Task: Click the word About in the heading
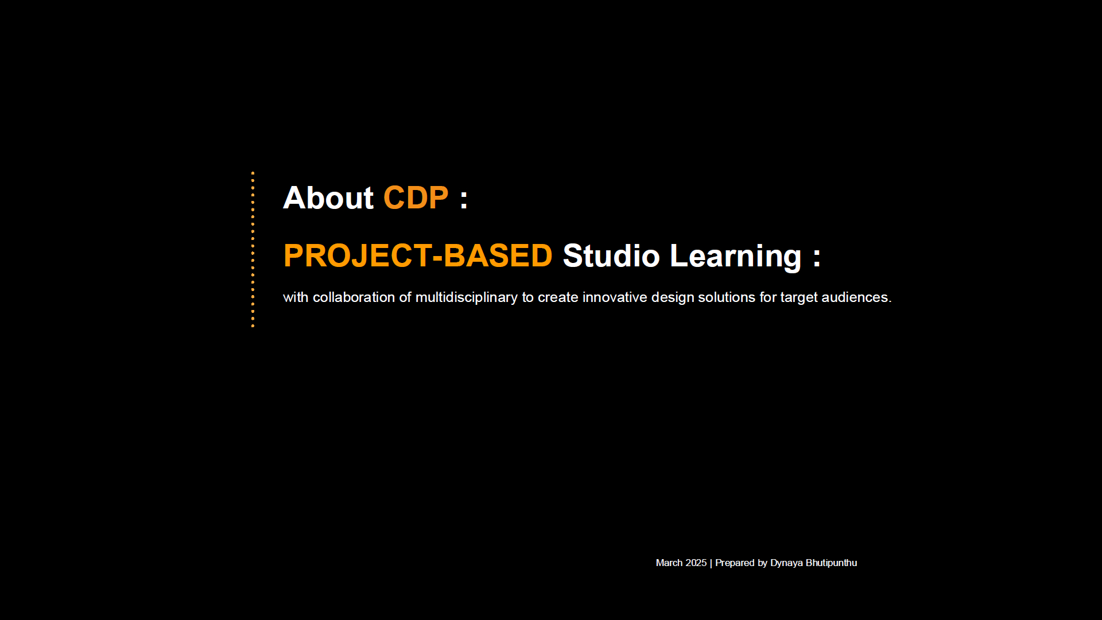[328, 198]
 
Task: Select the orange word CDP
[416, 198]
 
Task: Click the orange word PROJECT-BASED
[418, 255]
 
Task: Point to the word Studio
[611, 255]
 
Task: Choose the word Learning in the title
[736, 257]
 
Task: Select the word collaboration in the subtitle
[354, 297]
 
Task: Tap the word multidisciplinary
[466, 298]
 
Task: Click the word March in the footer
[669, 563]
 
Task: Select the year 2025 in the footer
[696, 563]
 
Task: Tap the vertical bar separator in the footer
[711, 563]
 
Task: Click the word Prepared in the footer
[735, 564]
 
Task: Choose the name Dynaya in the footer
[786, 564]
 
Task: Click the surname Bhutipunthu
[831, 564]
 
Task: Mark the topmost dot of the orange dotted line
[253, 173]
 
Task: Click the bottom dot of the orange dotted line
[253, 326]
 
